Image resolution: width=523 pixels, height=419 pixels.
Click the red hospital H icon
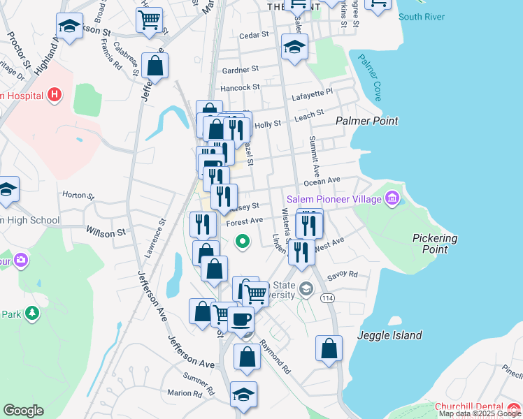55,95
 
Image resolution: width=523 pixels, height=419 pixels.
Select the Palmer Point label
366,121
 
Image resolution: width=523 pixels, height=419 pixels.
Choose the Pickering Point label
435,244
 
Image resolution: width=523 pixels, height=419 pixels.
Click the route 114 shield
327,298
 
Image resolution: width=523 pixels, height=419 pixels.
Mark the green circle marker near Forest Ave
243,242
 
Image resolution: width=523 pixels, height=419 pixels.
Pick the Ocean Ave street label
322,181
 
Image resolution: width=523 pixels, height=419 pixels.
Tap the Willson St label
105,230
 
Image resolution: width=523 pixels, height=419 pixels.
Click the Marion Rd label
185,394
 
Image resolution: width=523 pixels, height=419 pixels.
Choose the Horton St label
78,195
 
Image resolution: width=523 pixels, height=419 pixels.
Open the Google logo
23,411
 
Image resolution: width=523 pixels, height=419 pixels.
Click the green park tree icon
31,314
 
